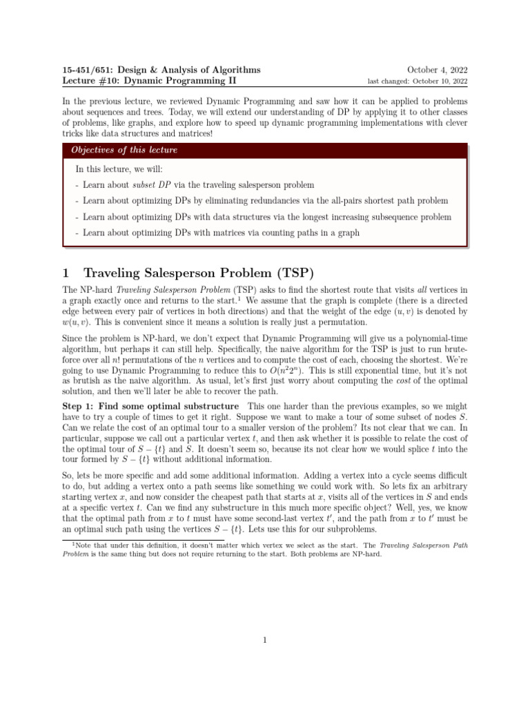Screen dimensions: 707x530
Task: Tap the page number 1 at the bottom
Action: click(265, 640)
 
